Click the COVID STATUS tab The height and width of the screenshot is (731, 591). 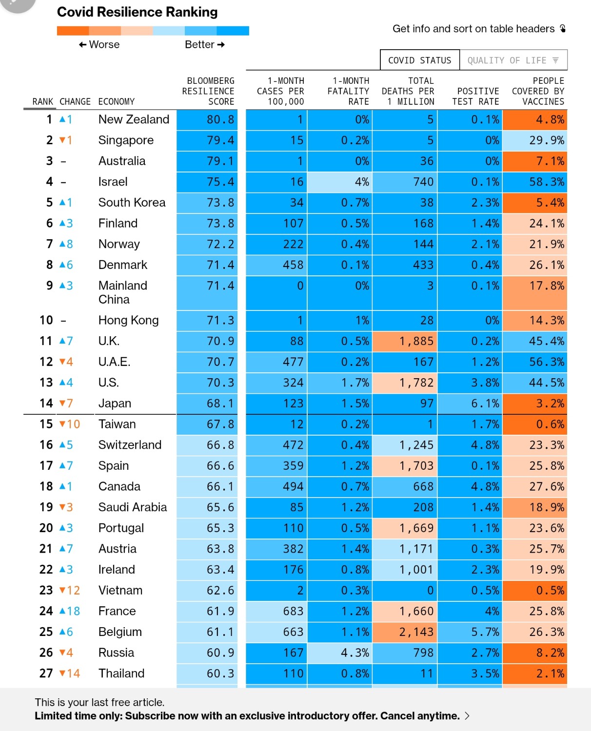tap(419, 60)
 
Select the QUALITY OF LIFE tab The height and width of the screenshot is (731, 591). tap(513, 60)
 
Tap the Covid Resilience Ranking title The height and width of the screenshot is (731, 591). tap(137, 12)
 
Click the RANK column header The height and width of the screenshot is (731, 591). tap(42, 101)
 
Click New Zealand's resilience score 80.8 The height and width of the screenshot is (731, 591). tap(220, 119)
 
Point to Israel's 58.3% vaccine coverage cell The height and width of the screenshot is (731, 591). tap(535, 182)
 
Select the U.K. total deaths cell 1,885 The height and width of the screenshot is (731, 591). tap(405, 341)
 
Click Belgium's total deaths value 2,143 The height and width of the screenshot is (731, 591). tap(416, 632)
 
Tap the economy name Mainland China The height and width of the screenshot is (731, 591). tap(122, 292)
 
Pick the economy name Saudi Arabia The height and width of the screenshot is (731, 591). tap(133, 507)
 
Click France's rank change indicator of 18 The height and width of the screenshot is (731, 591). tap(69, 611)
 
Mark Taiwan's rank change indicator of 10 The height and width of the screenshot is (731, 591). tap(69, 424)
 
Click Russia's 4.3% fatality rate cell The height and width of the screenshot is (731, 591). tap(339, 653)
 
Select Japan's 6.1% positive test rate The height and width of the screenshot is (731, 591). tap(485, 403)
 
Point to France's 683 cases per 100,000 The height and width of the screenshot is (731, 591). tap(293, 611)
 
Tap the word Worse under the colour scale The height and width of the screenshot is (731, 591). tap(104, 45)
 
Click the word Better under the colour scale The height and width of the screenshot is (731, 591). tap(199, 45)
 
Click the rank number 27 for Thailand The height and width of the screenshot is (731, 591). tap(46, 673)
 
